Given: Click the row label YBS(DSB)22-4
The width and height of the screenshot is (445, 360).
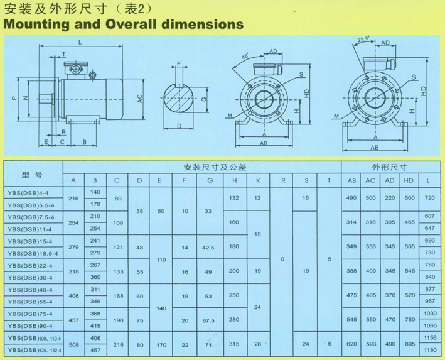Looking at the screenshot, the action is click(x=30, y=266).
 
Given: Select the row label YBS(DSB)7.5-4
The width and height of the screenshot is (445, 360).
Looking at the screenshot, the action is click(x=31, y=217).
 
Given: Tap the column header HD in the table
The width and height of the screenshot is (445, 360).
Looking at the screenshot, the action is click(x=409, y=180).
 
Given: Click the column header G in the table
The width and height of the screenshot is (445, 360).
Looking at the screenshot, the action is click(x=210, y=180).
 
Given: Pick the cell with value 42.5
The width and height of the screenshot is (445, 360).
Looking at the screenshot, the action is click(x=208, y=248).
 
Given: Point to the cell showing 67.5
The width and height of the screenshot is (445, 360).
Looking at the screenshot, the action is click(x=208, y=320).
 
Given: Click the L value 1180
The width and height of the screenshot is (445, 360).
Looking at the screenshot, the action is click(x=430, y=350).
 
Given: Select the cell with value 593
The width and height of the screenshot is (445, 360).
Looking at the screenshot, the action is click(x=371, y=344).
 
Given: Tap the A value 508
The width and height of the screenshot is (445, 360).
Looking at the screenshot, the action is click(x=74, y=345).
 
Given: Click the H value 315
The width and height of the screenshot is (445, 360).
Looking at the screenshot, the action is click(x=234, y=344).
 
